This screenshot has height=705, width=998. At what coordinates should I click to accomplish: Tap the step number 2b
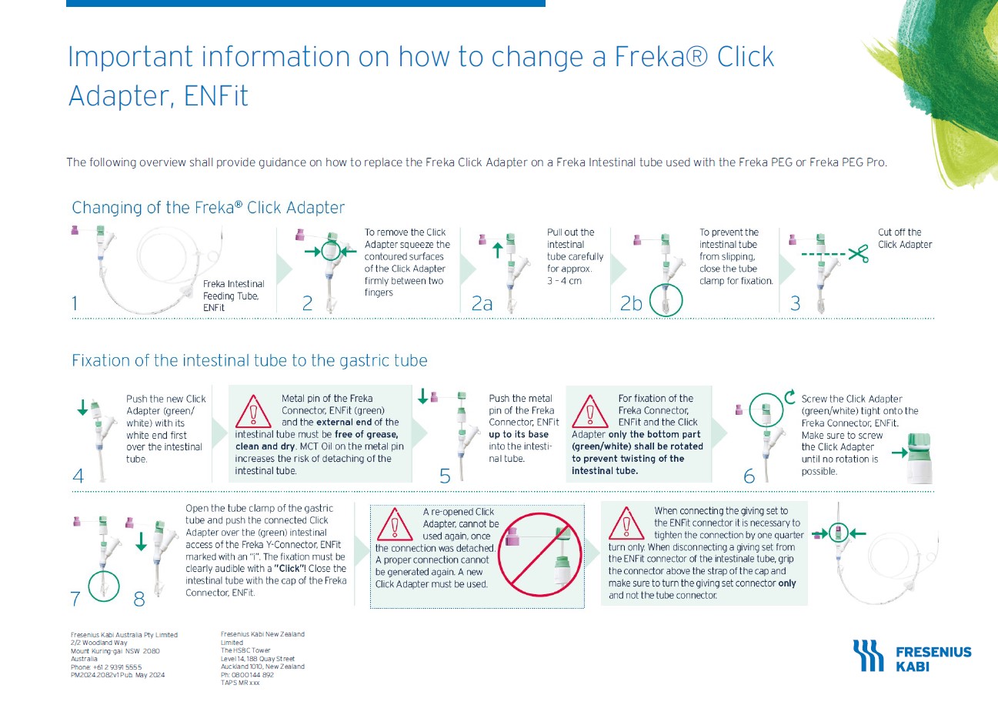pos(630,304)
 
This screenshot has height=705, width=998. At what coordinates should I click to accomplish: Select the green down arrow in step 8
pos(141,542)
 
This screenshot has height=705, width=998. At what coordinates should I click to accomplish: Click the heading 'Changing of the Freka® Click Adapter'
pos(208,208)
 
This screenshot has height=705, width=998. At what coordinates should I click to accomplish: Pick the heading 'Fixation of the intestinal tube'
pos(249,360)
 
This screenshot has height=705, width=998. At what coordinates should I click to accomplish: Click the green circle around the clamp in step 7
pos(104,585)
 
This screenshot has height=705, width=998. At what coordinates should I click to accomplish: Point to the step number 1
pos(75,304)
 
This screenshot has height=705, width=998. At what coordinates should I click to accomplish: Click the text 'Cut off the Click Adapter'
pos(904,239)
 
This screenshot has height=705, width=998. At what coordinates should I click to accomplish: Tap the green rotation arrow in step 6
pos(789,397)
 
